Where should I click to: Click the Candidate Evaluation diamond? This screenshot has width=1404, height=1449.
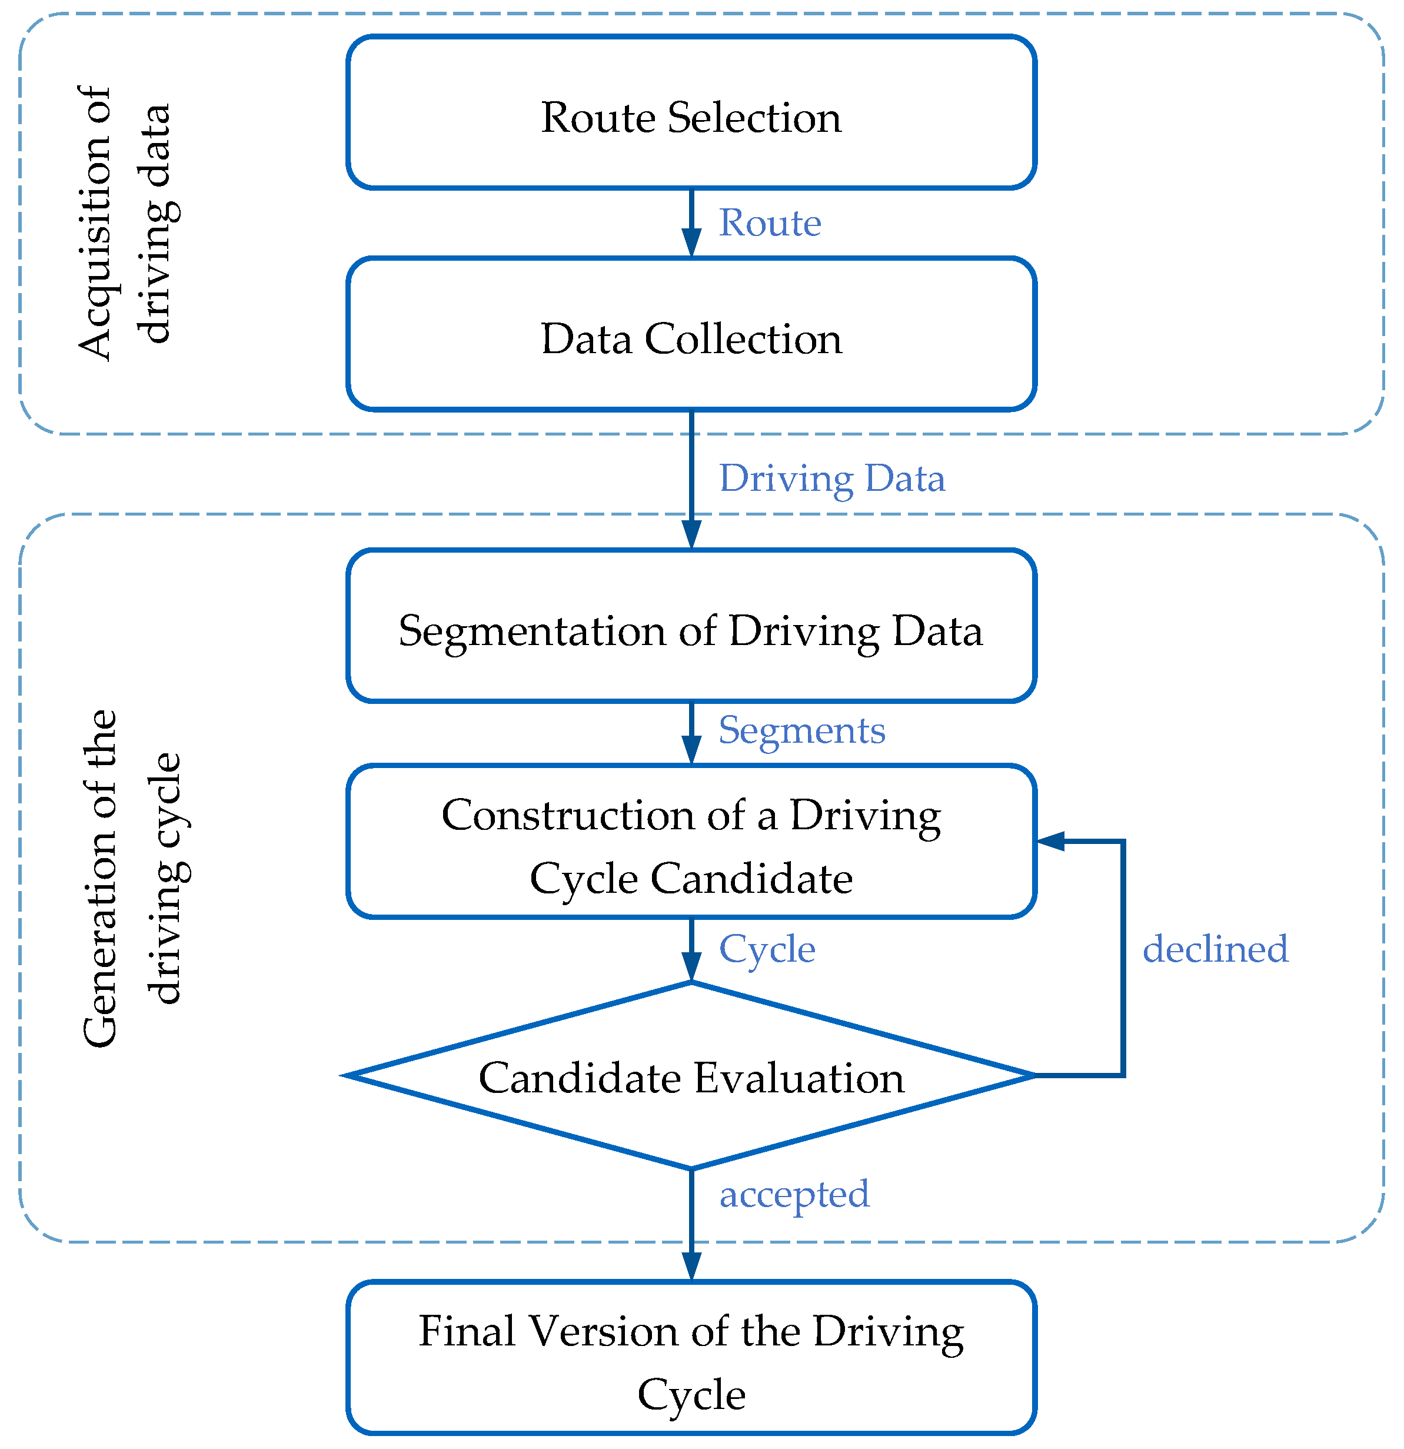click(691, 1077)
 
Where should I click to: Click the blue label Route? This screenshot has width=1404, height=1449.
click(770, 222)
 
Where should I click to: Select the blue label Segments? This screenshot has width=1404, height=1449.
click(801, 730)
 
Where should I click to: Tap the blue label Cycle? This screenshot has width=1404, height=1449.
click(767, 949)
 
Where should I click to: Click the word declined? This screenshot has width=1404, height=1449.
click(1215, 949)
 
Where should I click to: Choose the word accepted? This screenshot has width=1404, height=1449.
click(794, 1194)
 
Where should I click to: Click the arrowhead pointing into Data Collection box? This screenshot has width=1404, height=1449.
click(691, 244)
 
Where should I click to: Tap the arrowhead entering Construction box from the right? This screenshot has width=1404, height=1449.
click(1050, 841)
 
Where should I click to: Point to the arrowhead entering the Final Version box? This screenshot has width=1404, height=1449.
click(691, 1268)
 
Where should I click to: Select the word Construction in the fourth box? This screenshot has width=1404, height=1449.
click(567, 816)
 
